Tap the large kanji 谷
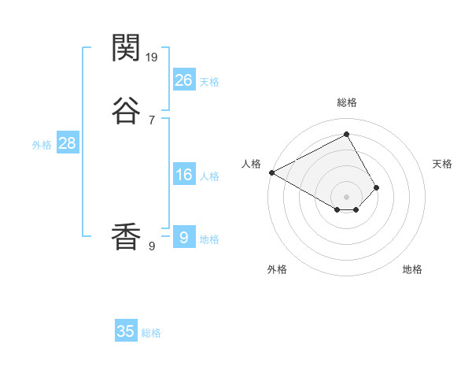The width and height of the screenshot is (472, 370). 127,111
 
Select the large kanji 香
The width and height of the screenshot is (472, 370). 127,237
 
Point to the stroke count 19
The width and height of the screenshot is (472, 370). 153,57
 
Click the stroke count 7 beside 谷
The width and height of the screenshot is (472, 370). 151,120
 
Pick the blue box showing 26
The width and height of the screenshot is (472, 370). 184,80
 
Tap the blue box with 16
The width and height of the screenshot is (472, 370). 184,175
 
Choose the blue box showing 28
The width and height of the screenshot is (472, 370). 67,144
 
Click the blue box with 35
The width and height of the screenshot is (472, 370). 126,331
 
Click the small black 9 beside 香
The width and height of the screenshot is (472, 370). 151,246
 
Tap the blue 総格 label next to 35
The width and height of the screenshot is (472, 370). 151,333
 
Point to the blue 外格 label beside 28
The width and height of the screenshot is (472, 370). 42,145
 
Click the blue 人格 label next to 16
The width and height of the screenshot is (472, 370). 209,176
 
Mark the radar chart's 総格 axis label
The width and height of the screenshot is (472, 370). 347,102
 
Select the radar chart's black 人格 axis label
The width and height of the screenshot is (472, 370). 252,164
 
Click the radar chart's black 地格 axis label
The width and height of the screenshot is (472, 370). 412,269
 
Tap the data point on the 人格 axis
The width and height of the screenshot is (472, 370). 271,172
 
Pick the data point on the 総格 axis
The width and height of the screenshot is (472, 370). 347,134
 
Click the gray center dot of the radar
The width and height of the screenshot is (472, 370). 347,196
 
